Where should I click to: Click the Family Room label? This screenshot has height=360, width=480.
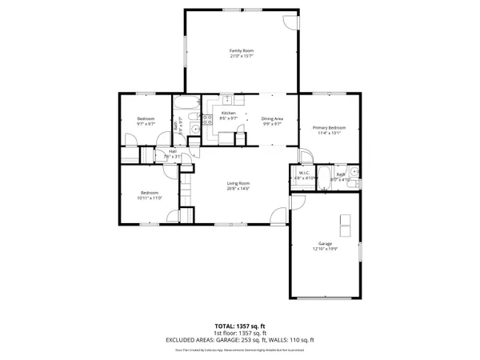(x=241, y=50)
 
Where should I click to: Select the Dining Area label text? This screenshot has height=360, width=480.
(x=272, y=118)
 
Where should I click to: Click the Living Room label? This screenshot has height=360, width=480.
(x=239, y=183)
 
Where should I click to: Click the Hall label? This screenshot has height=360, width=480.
(x=173, y=151)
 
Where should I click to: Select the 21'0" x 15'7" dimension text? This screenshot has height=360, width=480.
(x=241, y=56)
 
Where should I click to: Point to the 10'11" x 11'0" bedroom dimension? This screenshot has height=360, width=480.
(x=151, y=198)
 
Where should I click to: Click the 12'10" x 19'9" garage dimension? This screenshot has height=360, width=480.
(x=325, y=249)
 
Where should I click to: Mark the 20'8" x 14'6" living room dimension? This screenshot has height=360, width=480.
(x=239, y=189)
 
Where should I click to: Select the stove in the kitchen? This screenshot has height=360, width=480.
(x=206, y=120)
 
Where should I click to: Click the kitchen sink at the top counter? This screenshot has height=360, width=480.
(x=228, y=100)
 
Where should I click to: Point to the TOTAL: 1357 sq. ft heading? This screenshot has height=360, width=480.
(x=240, y=326)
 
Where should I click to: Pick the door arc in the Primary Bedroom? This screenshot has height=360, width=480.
(x=306, y=155)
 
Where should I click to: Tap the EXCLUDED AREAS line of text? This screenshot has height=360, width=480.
(x=240, y=339)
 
